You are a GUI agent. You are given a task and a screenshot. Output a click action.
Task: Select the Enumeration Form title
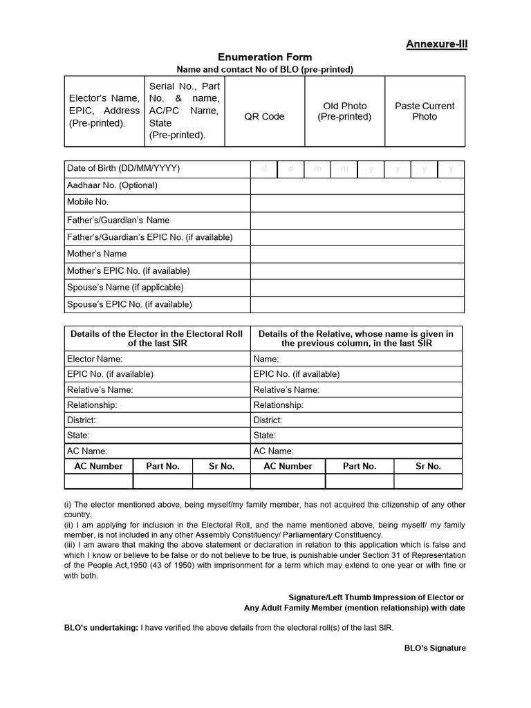tap(265, 57)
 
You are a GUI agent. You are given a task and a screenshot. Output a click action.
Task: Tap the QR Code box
tap(264, 117)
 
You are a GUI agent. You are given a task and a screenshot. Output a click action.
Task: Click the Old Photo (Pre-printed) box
tap(344, 111)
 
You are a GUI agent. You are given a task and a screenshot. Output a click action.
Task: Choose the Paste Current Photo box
tap(425, 111)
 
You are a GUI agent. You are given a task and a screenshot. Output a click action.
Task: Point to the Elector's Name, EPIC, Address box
tap(104, 111)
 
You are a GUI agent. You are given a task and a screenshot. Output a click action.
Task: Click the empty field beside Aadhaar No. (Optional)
tap(357, 185)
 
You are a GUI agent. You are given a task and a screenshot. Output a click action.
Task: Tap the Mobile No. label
tap(88, 202)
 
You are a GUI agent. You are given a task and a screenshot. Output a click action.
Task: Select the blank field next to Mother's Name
tap(357, 254)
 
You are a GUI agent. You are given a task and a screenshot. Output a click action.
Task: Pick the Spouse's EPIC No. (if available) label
tap(129, 304)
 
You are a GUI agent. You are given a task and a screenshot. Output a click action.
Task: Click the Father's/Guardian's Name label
tap(118, 220)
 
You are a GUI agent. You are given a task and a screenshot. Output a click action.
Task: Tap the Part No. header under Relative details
tap(360, 466)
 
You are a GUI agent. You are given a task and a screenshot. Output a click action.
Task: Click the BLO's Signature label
tap(435, 649)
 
